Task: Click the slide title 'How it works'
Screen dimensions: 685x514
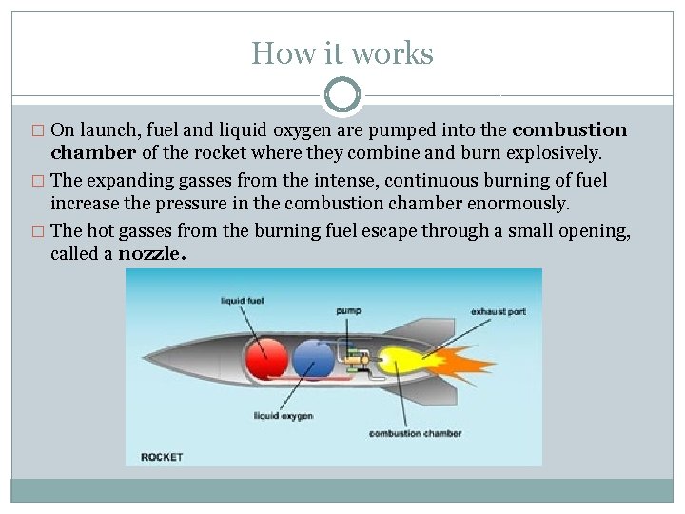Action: tap(342, 53)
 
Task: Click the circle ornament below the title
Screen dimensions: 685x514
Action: tap(342, 96)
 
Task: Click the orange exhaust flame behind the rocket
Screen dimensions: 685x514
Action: tap(462, 364)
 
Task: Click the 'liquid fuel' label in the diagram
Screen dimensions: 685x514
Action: tap(243, 301)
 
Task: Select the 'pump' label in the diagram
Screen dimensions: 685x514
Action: tap(348, 310)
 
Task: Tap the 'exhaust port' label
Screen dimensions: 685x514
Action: tap(499, 311)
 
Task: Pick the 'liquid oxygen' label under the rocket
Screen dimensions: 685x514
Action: tap(284, 415)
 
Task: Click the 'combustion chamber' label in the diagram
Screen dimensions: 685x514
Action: tap(415, 434)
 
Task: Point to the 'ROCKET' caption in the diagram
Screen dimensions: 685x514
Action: tap(162, 457)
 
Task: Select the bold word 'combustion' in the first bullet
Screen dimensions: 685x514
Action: tap(570, 129)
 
